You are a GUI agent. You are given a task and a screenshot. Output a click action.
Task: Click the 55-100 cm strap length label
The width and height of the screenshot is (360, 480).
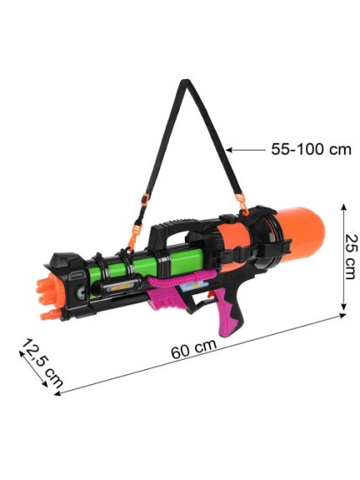(x=311, y=150)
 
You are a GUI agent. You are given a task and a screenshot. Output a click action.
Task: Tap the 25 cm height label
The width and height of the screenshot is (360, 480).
(x=351, y=256)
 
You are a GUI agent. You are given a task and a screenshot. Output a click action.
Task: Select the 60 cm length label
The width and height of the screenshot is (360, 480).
(x=193, y=349)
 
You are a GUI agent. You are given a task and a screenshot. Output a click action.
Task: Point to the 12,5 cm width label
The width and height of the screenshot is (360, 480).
(x=42, y=363)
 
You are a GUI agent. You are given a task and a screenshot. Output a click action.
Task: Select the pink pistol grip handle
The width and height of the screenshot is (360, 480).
(x=227, y=312)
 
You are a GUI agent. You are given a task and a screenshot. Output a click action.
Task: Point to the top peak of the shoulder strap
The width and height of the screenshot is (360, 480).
(x=185, y=82)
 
